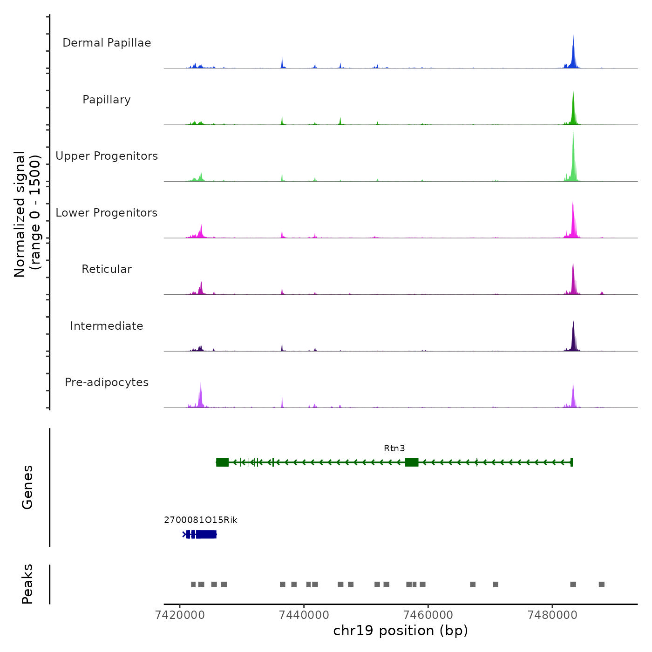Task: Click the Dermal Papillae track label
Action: point(107,43)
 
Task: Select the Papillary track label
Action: point(107,100)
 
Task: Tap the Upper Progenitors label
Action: point(107,156)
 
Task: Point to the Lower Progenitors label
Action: point(107,213)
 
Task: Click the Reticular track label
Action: point(107,269)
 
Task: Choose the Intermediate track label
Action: point(107,326)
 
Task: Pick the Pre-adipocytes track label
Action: point(107,382)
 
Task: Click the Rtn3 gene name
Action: point(394,448)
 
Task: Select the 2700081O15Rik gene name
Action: point(200,520)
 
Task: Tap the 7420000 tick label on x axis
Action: point(180,615)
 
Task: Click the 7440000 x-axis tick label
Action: point(304,615)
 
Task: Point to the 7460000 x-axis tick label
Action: point(428,615)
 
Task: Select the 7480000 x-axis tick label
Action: point(552,615)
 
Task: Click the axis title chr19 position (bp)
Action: point(401,631)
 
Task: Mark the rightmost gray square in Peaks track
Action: point(602,584)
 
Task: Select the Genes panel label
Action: point(27,487)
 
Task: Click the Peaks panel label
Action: point(27,584)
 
